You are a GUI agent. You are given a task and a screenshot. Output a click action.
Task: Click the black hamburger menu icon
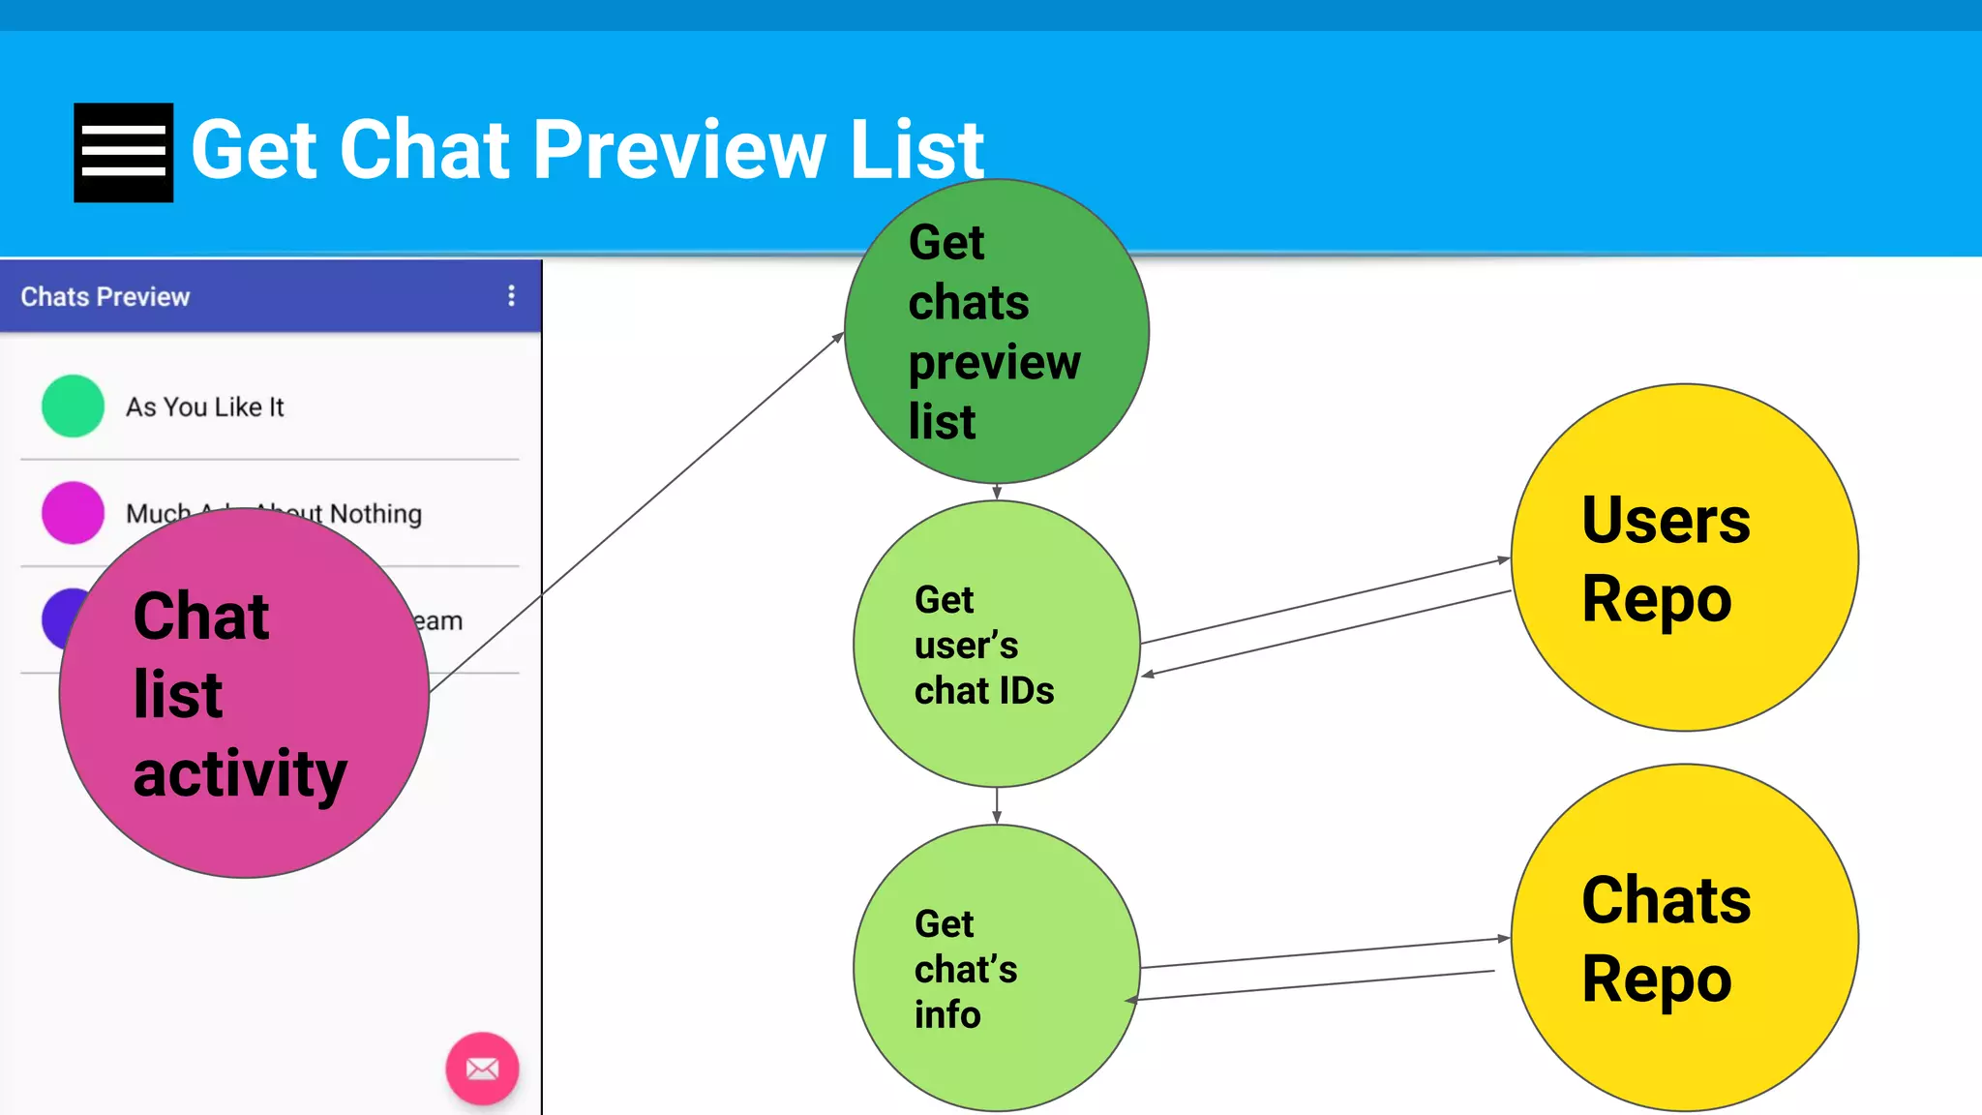124,153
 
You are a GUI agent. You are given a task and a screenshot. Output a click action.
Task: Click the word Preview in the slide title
680,150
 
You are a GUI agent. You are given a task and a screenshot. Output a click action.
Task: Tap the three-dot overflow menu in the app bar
511,296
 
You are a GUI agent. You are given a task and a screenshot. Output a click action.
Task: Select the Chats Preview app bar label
105,297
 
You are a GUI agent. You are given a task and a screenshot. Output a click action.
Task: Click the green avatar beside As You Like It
73,407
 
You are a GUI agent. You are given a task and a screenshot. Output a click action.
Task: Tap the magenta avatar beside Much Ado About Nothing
73,512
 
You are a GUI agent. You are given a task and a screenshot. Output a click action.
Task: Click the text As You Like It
205,407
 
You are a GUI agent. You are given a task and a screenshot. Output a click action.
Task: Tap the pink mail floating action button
482,1069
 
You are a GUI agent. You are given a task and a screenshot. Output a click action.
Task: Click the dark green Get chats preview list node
996,332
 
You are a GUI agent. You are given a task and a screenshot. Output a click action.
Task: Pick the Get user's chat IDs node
996,645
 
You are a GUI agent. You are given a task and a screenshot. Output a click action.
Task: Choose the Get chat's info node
996,968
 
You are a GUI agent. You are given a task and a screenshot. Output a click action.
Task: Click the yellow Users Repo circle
1684,557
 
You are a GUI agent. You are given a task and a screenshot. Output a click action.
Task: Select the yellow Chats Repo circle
1684,937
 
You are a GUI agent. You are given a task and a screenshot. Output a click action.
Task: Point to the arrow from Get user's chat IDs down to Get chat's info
997,805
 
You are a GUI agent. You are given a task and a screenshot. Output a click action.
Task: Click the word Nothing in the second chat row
376,514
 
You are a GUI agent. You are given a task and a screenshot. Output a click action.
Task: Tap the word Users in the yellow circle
1666,521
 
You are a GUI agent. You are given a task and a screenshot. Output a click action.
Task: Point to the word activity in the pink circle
240,774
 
